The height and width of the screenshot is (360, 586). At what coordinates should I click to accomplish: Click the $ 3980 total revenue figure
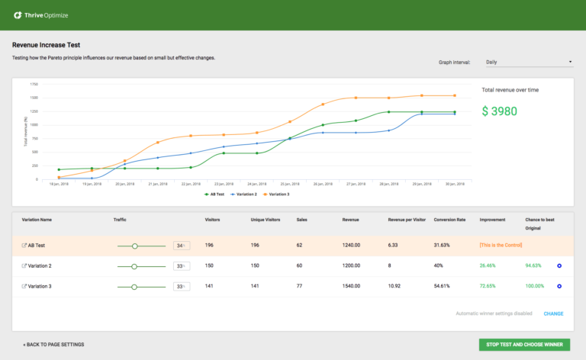pyautogui.click(x=500, y=111)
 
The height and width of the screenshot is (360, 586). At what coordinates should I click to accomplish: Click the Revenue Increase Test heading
pyautogui.click(x=47, y=45)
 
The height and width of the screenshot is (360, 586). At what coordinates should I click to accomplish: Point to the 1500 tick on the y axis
pyautogui.click(x=34, y=98)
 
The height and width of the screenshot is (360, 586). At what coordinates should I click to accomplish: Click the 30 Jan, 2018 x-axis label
pyautogui.click(x=457, y=185)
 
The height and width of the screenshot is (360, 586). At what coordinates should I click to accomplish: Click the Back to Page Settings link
pyautogui.click(x=53, y=344)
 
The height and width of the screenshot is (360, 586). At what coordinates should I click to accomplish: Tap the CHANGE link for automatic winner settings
pyautogui.click(x=553, y=313)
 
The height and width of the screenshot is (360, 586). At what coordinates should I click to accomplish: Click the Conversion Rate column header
pyautogui.click(x=449, y=219)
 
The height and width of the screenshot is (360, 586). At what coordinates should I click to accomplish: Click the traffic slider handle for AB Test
pyautogui.click(x=135, y=246)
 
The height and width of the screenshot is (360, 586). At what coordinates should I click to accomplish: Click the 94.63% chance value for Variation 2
pyautogui.click(x=533, y=266)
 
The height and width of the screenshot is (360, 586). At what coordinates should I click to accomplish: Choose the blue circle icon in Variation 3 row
pyautogui.click(x=559, y=286)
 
